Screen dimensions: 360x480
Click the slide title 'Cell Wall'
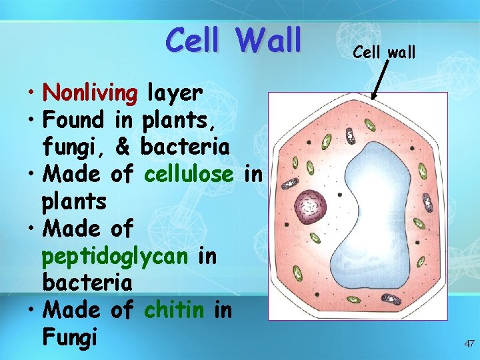pos(234,39)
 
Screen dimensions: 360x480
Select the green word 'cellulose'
pos(189,175)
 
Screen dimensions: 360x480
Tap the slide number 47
pos(469,344)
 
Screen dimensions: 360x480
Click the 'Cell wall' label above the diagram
pos(384,51)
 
